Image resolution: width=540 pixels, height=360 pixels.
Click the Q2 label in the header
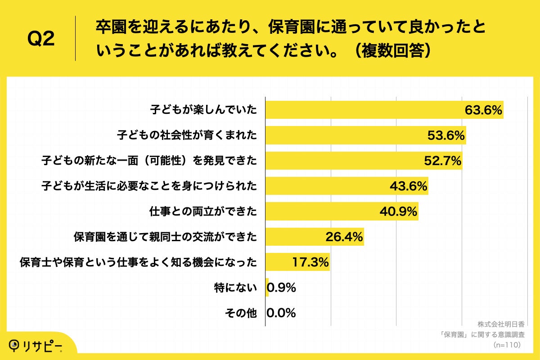pyautogui.click(x=41, y=40)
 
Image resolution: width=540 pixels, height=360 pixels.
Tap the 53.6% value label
pyautogui.click(x=445, y=135)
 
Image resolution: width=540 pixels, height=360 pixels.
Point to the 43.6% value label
pyautogui.click(x=408, y=186)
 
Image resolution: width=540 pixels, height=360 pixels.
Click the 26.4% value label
pyautogui.click(x=344, y=237)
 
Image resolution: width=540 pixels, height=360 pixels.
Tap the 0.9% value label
pyautogui.click(x=282, y=288)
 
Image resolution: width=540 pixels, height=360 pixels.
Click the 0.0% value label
pyautogui.click(x=282, y=313)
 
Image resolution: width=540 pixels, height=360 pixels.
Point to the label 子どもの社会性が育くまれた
pyautogui.click(x=187, y=135)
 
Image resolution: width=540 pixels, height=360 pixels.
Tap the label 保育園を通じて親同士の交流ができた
pyautogui.click(x=165, y=237)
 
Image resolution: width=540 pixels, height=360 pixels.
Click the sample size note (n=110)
pyautogui.click(x=507, y=345)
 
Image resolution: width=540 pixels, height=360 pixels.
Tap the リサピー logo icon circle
pyautogui.click(x=14, y=344)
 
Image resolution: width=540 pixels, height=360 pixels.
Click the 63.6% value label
pyautogui.click(x=483, y=110)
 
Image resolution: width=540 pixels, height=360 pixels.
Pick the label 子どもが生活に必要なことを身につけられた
pyautogui.click(x=149, y=186)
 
